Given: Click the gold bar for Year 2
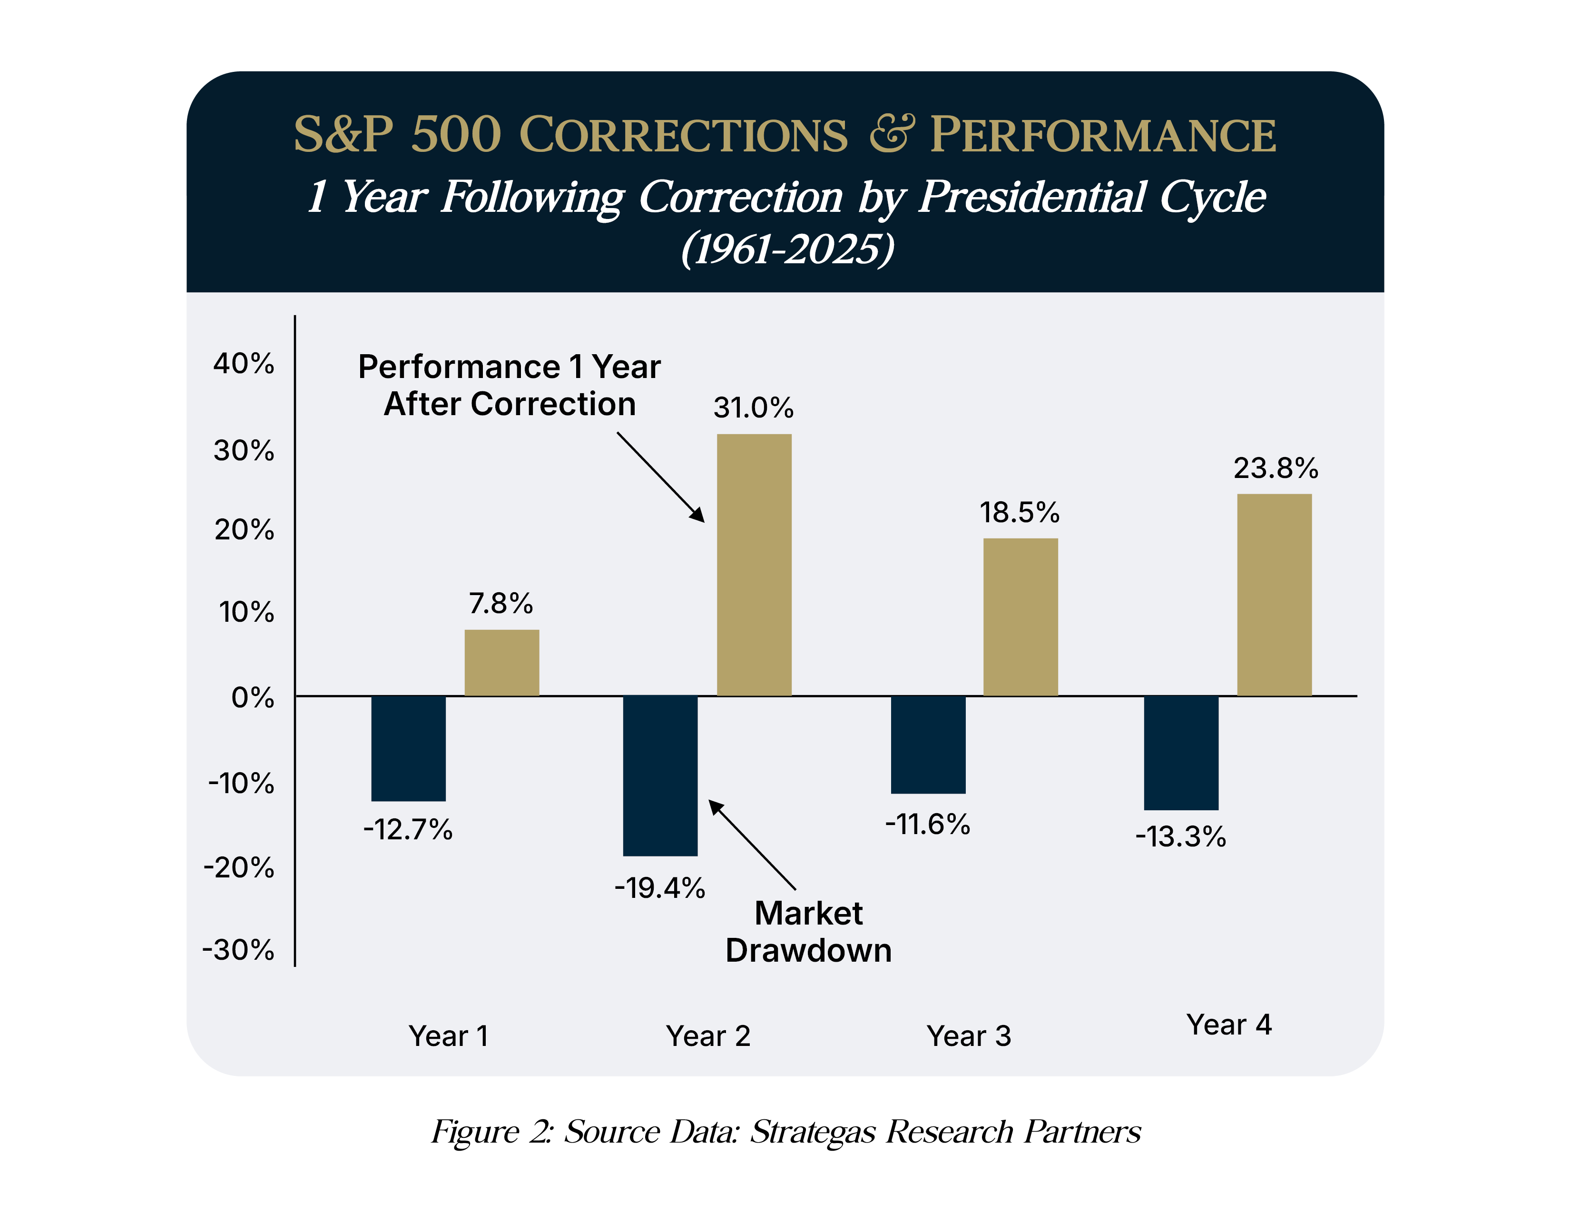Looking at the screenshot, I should [754, 565].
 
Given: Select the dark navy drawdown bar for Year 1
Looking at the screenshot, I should [408, 748].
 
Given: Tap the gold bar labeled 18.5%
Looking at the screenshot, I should [1020, 617].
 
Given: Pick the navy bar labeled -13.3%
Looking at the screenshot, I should [1181, 752].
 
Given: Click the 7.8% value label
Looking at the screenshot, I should [501, 603].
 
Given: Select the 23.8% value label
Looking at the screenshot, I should [1276, 468].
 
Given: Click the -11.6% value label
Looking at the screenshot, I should [927, 824].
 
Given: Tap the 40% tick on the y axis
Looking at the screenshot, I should [244, 364].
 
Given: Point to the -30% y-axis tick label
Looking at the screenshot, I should [239, 950].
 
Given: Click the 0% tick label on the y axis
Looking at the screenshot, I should [252, 697].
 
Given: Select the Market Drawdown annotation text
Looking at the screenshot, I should [808, 932].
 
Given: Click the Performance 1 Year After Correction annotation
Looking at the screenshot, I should [509, 386].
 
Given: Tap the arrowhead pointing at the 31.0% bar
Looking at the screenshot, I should [698, 515].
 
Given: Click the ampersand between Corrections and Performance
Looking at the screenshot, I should [892, 134].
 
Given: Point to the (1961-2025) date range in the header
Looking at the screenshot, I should [787, 249].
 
